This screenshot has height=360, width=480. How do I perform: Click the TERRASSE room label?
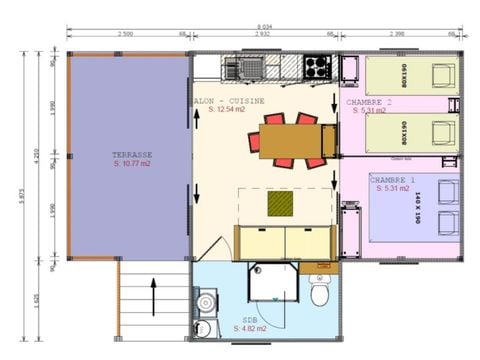coord(131,155)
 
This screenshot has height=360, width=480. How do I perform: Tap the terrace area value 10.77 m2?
coord(131,165)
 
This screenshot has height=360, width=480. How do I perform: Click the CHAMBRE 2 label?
coord(369,102)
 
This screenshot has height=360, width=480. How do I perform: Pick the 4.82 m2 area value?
coord(251,328)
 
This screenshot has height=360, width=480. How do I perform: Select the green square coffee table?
coord(281,203)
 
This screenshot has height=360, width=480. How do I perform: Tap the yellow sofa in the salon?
coord(284,241)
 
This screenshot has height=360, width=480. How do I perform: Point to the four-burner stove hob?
coord(318,67)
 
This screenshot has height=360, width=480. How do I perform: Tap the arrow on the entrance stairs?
coord(153,296)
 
